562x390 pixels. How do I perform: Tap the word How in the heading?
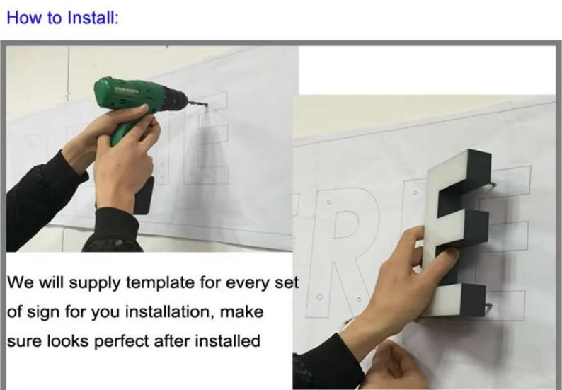pyautogui.click(x=21, y=18)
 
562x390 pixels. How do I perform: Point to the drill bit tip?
pyautogui.click(x=207, y=105)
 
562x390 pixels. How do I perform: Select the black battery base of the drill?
pyautogui.click(x=144, y=195)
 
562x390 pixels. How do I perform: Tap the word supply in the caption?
pyautogui.click(x=95, y=284)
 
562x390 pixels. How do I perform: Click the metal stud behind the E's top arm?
pyautogui.click(x=492, y=185)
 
